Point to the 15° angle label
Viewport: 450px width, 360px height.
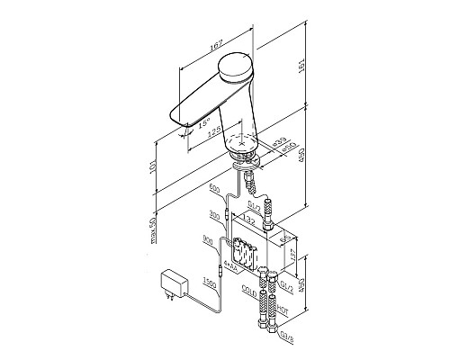point(205,120)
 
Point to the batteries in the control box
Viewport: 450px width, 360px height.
point(241,254)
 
